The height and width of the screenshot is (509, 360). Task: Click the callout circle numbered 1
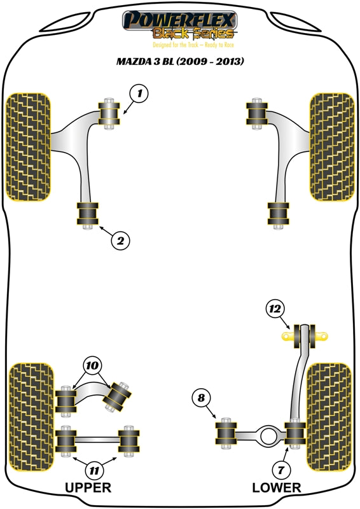point(139,94)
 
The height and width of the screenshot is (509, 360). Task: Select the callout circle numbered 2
point(120,241)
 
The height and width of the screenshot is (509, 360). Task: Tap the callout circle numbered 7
point(280,470)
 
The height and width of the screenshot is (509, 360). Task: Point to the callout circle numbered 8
point(201,398)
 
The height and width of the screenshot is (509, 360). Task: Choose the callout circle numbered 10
point(92,366)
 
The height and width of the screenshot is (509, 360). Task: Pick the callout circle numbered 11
point(94,470)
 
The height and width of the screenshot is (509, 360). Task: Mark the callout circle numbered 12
point(275,309)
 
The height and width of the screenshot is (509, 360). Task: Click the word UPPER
point(88,487)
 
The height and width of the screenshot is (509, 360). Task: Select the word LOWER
point(277,487)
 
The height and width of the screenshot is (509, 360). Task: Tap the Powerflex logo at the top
point(179,25)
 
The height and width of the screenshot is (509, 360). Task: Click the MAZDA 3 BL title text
point(180,61)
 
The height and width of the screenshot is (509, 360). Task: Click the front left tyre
point(29,147)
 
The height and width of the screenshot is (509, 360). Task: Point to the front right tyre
point(332,147)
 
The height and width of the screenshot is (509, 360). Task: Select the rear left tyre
point(32,417)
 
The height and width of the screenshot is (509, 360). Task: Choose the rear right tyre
point(329,417)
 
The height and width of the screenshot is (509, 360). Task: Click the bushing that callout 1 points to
point(109,114)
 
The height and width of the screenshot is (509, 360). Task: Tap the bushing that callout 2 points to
point(87,213)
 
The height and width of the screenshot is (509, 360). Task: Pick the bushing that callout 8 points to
point(226,433)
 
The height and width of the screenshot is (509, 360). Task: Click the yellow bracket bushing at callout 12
point(304,337)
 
